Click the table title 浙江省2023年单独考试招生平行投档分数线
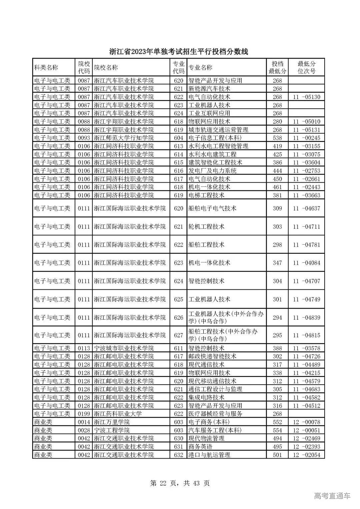[x=179, y=52]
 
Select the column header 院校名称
[x=106, y=68]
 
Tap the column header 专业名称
[x=200, y=68]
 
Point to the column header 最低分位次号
[x=306, y=68]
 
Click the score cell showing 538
[x=277, y=138]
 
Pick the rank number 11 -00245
[x=306, y=138]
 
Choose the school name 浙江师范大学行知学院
[x=124, y=138]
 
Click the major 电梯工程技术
[x=206, y=195]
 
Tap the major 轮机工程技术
[x=206, y=227]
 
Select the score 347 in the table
[x=277, y=263]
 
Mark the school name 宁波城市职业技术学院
[x=124, y=348]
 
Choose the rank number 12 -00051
[x=306, y=430]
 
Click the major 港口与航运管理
[x=209, y=455]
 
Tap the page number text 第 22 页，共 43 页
[x=180, y=483]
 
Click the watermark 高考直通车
[x=332, y=496]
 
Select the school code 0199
[x=84, y=414]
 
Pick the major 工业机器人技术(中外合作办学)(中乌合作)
[x=226, y=318]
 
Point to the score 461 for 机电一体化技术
[x=277, y=187]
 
